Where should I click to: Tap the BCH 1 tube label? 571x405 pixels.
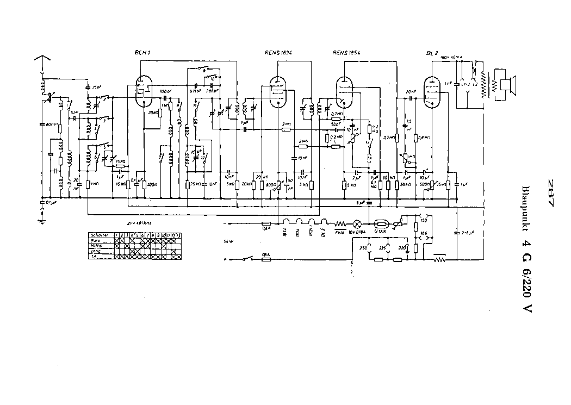point(141,53)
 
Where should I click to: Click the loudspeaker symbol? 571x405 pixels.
point(508,85)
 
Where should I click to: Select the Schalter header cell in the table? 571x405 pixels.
point(102,235)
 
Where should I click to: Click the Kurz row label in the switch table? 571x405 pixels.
point(96,240)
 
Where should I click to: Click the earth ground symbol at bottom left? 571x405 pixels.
point(41,221)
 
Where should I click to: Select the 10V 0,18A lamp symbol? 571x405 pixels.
point(357,223)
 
